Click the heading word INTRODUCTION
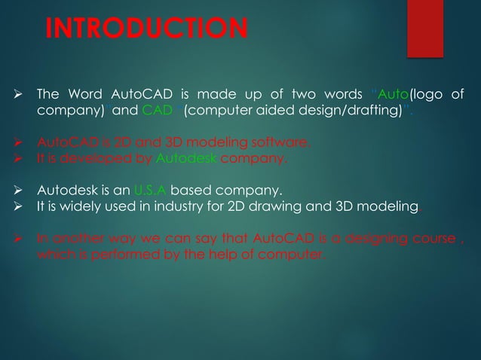point(146,29)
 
